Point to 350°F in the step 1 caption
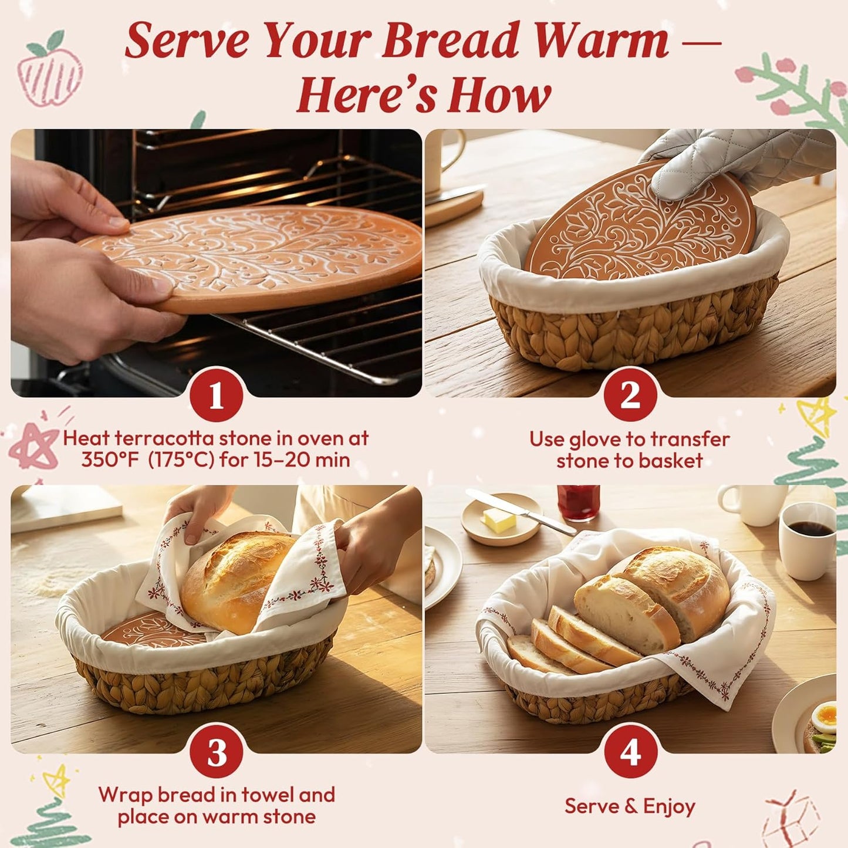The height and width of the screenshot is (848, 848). tap(110, 460)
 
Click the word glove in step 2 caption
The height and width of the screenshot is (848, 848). tap(607, 440)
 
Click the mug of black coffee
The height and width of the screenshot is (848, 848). tap(808, 540)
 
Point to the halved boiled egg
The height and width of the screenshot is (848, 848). tap(826, 717)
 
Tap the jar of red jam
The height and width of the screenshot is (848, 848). tap(579, 502)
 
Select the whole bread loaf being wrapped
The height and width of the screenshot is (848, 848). tap(235, 581)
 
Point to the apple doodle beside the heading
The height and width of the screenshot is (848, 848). tap(49, 73)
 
